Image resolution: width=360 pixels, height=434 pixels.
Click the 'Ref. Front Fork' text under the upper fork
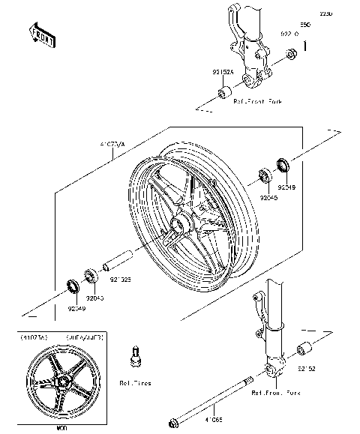(x=257, y=100)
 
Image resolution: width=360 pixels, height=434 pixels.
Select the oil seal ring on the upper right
(x=284, y=163)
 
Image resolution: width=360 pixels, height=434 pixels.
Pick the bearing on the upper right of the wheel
(x=265, y=177)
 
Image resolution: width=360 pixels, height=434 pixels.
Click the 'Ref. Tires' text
(x=135, y=383)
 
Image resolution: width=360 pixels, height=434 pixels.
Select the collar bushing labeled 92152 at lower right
(x=305, y=349)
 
